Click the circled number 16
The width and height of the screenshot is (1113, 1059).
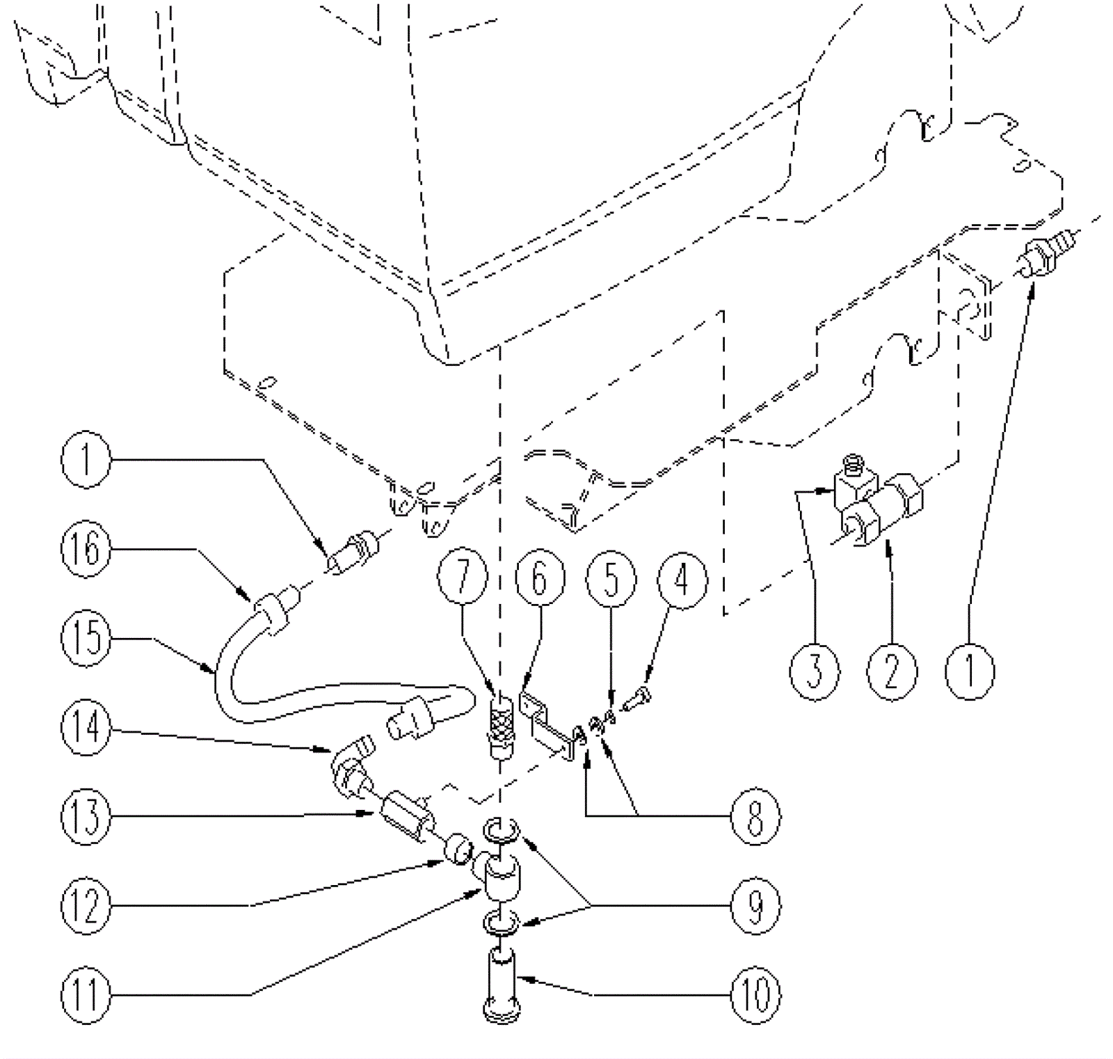[86, 549]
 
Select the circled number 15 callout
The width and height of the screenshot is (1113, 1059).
[86, 637]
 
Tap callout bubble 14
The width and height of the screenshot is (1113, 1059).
[86, 728]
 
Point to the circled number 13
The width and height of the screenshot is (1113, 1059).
[86, 816]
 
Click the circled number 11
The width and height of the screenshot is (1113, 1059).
[86, 994]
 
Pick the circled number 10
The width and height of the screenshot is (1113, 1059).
[755, 994]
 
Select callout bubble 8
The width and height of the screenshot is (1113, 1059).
[755, 816]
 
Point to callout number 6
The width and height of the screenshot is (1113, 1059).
[541, 578]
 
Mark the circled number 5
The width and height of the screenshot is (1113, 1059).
[611, 578]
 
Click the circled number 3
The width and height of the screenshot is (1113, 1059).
[815, 671]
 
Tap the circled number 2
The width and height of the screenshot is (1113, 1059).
[892, 671]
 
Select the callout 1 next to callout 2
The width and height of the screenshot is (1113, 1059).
[970, 671]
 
